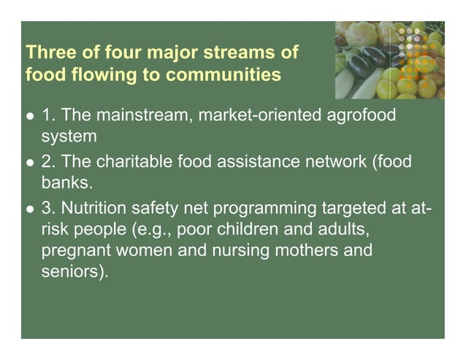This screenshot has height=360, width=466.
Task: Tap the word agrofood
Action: [x=359, y=115]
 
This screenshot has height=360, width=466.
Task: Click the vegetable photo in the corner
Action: [x=389, y=60]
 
